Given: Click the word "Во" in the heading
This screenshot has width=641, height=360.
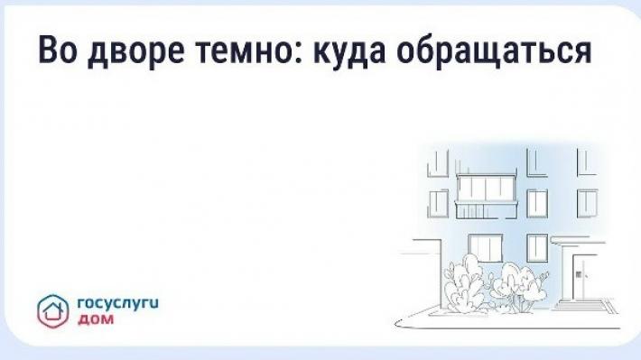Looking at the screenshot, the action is coord(58,51).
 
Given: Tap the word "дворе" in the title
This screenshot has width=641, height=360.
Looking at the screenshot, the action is coord(135,53).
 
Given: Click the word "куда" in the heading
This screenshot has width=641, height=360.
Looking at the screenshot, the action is coord(350,53).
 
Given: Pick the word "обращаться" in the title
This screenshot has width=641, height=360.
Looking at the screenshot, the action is coord(494,51).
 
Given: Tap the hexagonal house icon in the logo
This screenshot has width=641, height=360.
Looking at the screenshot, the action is coord(53,311).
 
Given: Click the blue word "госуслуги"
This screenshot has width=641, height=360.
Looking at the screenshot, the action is coord(117,304).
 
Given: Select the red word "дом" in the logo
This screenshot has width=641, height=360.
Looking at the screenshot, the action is coord(96,319).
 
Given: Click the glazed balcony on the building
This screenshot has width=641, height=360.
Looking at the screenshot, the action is coord(487,196).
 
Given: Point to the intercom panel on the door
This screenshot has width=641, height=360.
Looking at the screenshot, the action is coord(579,274).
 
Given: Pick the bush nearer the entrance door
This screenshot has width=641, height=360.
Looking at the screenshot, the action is coord(518,287).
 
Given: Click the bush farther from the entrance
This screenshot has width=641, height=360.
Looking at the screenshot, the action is coord(465,283).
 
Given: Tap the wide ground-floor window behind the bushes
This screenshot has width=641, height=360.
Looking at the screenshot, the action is coord(485,247).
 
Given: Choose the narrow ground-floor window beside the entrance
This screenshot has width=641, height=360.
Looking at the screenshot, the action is coord(537,247).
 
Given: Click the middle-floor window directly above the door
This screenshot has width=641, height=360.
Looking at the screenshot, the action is coord(587,204).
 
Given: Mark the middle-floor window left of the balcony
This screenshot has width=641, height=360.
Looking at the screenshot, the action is coord(438,204).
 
